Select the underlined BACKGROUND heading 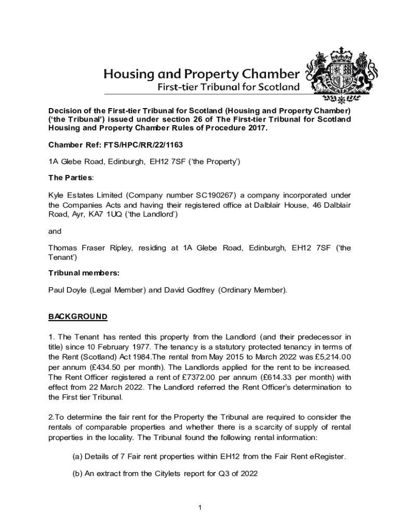point(78,316)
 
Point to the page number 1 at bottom point(199,507)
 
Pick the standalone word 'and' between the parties point(55,231)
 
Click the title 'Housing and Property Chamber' point(202,74)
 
